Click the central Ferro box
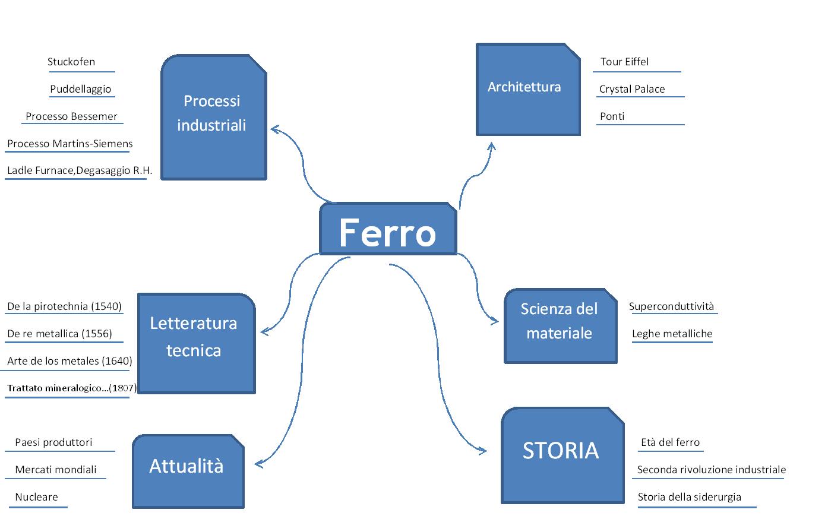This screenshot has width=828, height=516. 388,230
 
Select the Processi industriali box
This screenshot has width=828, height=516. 213,117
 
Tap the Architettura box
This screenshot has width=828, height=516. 527,89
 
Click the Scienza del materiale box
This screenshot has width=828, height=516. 560,326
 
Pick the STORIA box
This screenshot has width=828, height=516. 562,455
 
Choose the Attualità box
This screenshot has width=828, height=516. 188,471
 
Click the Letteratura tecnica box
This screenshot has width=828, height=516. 196,343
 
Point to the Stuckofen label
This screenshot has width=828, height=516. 71,62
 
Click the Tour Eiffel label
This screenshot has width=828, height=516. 624,62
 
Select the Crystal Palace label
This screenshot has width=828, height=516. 632,89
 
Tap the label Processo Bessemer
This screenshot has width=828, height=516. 71,116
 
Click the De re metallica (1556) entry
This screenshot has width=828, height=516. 59,334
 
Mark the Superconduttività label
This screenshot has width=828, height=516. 671,306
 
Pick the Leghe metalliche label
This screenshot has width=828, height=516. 672,334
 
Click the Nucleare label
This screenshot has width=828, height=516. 37,497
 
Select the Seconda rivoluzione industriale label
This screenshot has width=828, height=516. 711,470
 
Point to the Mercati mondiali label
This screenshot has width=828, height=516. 56,470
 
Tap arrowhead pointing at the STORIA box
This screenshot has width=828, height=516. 483,451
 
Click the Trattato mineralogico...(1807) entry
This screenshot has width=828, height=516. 71,388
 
